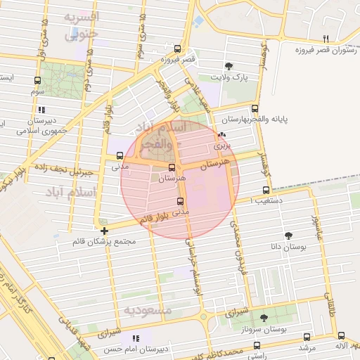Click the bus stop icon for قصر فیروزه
[176, 49]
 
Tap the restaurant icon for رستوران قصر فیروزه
[325, 39]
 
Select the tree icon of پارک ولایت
[230, 65]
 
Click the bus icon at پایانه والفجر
[255, 108]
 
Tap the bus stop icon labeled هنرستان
[172, 167]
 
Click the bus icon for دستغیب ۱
[266, 190]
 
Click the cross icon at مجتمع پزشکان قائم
[104, 231]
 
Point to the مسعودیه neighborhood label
[147, 309]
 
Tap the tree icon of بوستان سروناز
[264, 318]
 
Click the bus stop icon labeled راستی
[257, 345]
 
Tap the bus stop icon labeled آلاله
[341, 336]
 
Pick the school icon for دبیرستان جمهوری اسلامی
[41, 110]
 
